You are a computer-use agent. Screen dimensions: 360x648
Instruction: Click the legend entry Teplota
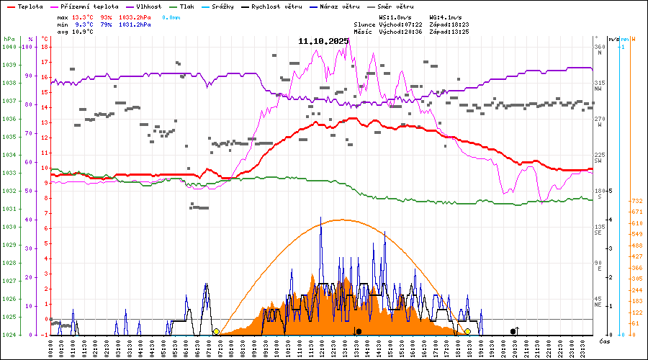click(x=28, y=6)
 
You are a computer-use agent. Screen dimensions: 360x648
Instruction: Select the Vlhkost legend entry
click(x=149, y=6)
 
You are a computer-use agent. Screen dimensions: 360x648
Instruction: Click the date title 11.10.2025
click(x=323, y=41)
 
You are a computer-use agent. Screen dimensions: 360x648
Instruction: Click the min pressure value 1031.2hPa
click(x=135, y=24)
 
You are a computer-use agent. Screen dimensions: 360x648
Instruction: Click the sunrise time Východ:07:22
click(x=402, y=24)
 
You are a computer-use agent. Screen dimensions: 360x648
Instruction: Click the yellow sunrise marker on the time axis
click(x=216, y=332)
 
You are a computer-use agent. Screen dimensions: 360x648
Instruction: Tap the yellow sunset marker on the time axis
click(x=467, y=332)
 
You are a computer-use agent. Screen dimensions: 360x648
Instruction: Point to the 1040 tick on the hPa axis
click(x=9, y=47)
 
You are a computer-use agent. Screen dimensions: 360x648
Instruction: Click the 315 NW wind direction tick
click(x=598, y=86)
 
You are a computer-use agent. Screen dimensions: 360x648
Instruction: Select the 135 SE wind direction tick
click(x=598, y=230)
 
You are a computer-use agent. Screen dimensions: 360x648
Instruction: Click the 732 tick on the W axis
click(x=636, y=201)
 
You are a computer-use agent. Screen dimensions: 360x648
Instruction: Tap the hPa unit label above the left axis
click(x=9, y=39)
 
